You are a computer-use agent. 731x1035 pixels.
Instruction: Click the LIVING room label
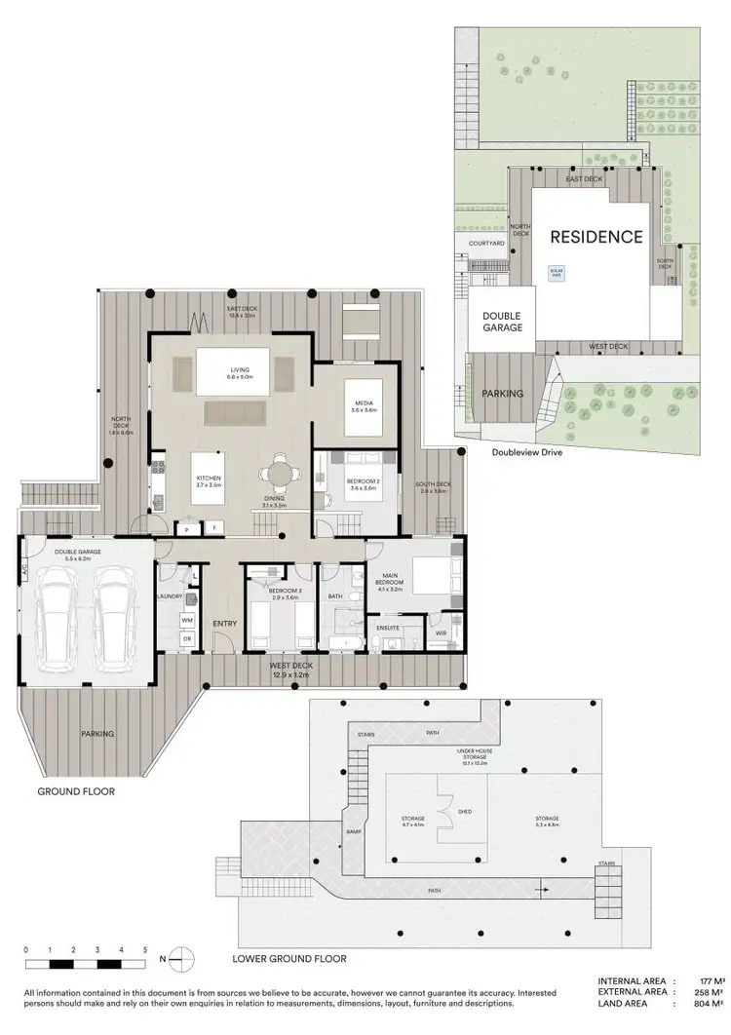pyautogui.click(x=241, y=370)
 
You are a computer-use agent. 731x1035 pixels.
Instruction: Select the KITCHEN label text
pyautogui.click(x=210, y=479)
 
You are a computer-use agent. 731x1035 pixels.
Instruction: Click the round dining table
pyautogui.click(x=279, y=475)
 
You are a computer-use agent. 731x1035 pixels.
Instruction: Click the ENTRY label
pyautogui.click(x=224, y=624)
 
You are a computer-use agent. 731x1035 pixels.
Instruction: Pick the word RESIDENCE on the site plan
pyautogui.click(x=596, y=237)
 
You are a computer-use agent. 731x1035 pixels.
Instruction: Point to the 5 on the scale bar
pyautogui.click(x=144, y=948)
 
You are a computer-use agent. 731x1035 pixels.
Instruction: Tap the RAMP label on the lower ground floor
pyautogui.click(x=354, y=831)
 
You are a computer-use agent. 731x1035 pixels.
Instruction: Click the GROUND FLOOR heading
pyautogui.click(x=76, y=791)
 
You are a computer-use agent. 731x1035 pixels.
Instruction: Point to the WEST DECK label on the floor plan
pyautogui.click(x=289, y=665)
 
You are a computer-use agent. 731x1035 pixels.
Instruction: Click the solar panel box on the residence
pyautogui.click(x=558, y=274)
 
